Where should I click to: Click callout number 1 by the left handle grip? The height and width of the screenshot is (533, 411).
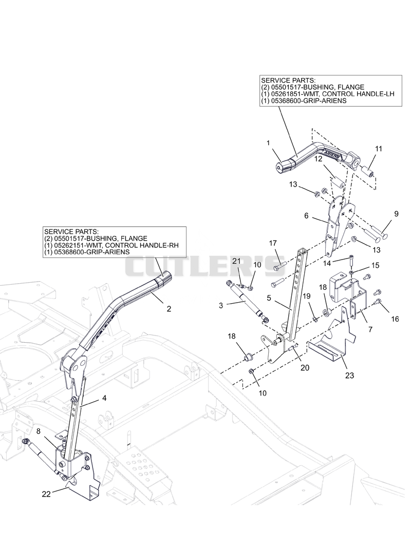pos(268,143)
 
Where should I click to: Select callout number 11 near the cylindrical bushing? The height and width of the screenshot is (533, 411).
pos(378,149)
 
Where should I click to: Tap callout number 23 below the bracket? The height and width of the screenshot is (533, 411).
pos(350,376)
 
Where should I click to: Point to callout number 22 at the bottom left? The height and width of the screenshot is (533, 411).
pos(46,494)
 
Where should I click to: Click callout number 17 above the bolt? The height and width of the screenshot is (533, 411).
pos(273,243)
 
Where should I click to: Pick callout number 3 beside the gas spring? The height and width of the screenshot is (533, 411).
pos(221,306)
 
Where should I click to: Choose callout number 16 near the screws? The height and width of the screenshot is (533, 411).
pos(395,319)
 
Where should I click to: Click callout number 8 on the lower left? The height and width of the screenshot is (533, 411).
pos(38,431)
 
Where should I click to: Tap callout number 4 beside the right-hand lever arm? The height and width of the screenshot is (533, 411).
pos(104,398)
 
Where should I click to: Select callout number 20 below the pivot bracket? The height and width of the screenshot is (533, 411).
pos(305,367)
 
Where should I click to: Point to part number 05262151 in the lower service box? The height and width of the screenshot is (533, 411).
pos(67,245)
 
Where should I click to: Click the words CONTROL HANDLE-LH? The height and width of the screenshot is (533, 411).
pos(359,94)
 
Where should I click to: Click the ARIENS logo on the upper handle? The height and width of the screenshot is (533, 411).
pos(331,154)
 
